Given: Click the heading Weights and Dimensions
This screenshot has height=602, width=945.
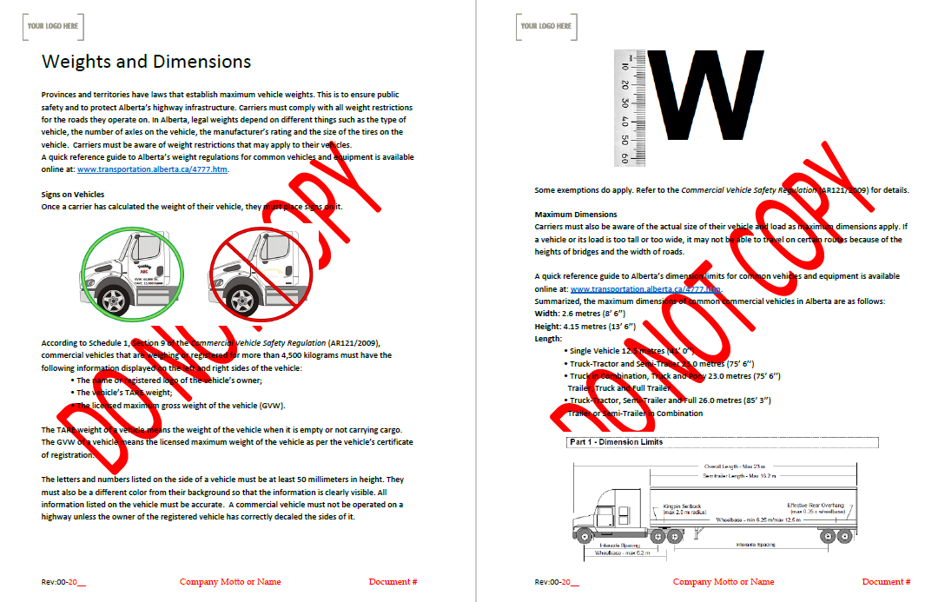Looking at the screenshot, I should [x=147, y=62].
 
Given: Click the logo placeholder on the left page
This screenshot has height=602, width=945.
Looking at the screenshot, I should [x=53, y=26].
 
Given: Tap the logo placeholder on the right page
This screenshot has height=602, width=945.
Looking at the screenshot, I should [x=545, y=26].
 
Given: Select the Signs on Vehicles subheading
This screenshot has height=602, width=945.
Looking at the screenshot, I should [x=73, y=195].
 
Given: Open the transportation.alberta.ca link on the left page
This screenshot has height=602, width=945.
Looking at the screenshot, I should [x=152, y=169].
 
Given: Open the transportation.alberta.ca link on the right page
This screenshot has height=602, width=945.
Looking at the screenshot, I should [x=645, y=289].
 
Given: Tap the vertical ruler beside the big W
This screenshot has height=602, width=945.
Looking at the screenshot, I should [x=624, y=108].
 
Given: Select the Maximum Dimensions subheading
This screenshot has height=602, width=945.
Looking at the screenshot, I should [x=576, y=215].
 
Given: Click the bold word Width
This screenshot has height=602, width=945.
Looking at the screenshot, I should [x=547, y=314].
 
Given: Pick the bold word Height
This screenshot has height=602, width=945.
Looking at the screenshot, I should [x=548, y=326].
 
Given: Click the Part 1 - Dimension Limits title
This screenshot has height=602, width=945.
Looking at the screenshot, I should [x=616, y=443].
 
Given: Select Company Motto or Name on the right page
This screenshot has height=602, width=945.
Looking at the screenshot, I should [x=724, y=582].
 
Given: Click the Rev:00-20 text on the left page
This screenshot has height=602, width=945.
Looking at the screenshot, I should [x=63, y=582].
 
